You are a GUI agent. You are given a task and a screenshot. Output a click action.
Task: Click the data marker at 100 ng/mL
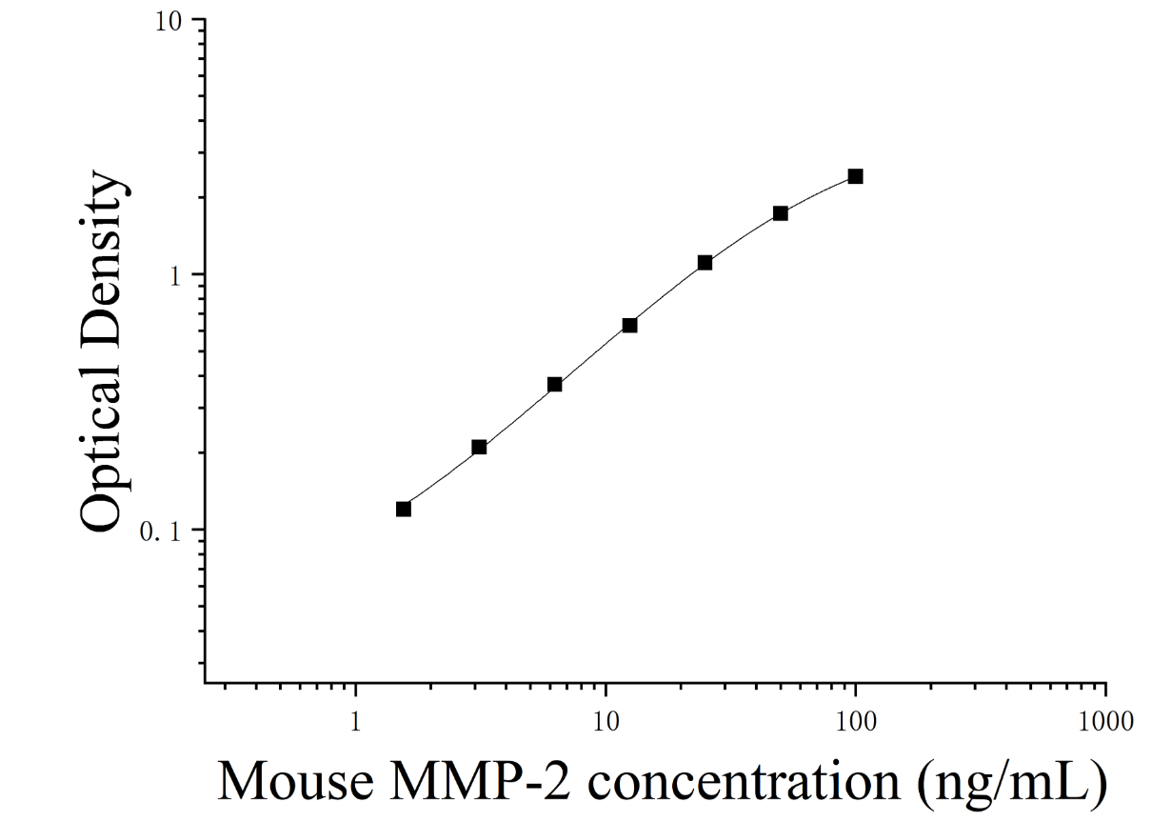856,176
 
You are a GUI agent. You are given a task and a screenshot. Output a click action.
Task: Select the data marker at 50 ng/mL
780,213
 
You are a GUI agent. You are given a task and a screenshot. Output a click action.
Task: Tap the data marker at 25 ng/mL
705,262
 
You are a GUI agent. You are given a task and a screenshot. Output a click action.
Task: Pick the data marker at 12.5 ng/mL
629,325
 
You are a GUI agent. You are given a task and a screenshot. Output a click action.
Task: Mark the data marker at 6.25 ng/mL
555,384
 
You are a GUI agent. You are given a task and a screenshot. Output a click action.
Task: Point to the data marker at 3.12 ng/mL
479,447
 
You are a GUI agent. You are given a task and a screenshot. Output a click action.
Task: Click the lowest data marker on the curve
404,509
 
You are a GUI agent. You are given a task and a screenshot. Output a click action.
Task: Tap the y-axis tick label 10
168,22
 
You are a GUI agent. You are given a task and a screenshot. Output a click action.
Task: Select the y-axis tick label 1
175,277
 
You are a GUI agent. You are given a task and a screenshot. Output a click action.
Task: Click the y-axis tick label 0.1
160,532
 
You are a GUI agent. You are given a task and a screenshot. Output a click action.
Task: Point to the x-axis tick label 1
356,722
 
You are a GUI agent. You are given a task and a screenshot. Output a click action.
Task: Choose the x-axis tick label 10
606,722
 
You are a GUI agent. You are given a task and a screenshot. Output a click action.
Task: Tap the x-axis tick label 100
856,722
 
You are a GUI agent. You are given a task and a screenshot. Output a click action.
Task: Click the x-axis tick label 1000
1105,722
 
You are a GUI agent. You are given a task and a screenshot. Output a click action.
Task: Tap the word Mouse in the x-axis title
295,782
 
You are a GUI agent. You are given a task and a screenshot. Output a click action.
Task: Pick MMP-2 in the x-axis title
480,782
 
